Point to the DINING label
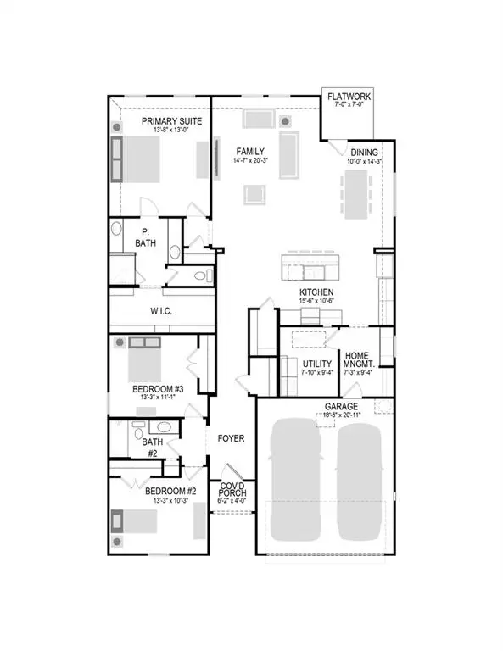click(365, 152)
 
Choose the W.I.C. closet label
click(161, 312)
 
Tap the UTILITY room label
click(318, 364)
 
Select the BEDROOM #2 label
click(170, 492)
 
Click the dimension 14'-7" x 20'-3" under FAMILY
click(251, 160)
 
